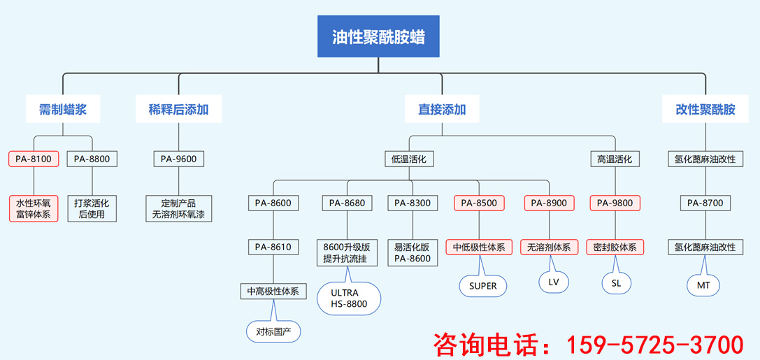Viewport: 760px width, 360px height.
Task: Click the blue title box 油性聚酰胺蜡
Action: tap(378, 36)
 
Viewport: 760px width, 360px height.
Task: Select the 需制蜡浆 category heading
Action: tap(63, 110)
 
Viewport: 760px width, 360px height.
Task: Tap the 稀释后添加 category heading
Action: tap(178, 110)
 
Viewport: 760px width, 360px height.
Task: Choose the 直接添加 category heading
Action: tap(442, 110)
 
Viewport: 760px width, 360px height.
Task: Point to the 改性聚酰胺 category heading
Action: tap(705, 110)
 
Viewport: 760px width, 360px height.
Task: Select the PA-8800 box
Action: tap(92, 159)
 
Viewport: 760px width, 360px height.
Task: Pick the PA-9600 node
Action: tap(178, 159)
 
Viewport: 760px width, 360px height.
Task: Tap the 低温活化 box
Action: tap(409, 159)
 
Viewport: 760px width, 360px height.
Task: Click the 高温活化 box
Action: tap(614, 159)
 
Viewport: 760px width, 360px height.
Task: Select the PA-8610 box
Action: tap(273, 247)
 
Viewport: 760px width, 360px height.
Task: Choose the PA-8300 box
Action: tap(413, 203)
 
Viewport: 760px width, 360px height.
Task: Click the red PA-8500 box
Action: tap(480, 203)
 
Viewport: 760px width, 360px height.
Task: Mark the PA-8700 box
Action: tap(705, 203)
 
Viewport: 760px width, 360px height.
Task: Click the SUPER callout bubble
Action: tap(482, 285)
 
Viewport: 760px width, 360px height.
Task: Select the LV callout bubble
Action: tap(554, 282)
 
